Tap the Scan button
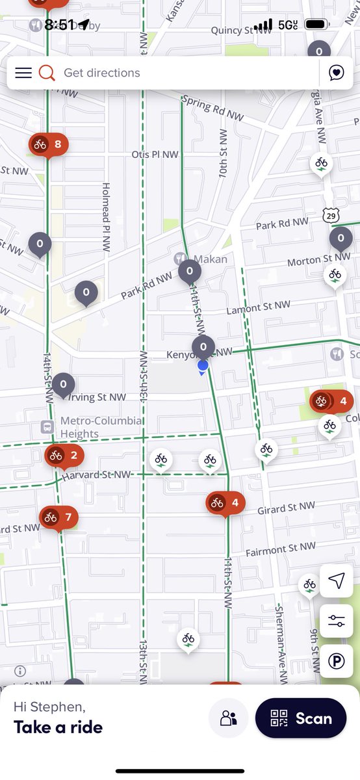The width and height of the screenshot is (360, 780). [300, 718]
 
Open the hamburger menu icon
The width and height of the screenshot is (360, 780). [23, 73]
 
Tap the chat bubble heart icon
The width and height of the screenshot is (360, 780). [336, 73]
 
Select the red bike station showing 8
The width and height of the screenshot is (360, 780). [49, 144]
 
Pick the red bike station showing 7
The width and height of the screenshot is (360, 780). [58, 517]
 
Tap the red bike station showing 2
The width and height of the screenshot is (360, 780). [64, 455]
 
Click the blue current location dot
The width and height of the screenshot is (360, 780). [203, 366]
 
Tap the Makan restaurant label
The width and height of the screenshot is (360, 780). [211, 259]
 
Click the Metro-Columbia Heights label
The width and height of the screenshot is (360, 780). [101, 427]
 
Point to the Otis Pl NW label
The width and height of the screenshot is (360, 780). [155, 155]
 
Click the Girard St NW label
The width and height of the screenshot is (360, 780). [286, 507]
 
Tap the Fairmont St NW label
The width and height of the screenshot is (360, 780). [281, 549]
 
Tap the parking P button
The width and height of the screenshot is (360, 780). [337, 662]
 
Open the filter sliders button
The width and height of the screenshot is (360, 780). [337, 621]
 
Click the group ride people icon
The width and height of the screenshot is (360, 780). [229, 718]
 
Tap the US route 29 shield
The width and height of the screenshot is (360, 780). [331, 214]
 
